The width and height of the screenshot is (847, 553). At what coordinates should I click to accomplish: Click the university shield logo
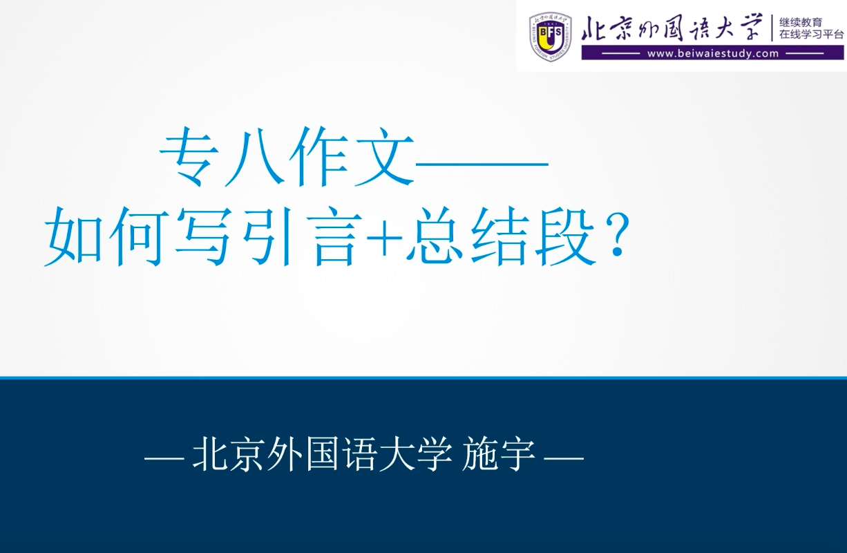550,37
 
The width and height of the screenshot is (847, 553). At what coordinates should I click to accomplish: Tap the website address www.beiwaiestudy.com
713,54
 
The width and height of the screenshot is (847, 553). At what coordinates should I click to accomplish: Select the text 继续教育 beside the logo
801,22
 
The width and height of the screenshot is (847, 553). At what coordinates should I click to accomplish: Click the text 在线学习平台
812,35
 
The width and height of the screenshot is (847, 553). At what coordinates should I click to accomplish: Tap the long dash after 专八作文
482,164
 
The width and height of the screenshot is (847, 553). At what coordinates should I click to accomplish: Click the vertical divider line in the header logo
772,28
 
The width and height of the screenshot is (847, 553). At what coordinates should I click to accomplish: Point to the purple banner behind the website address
713,53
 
